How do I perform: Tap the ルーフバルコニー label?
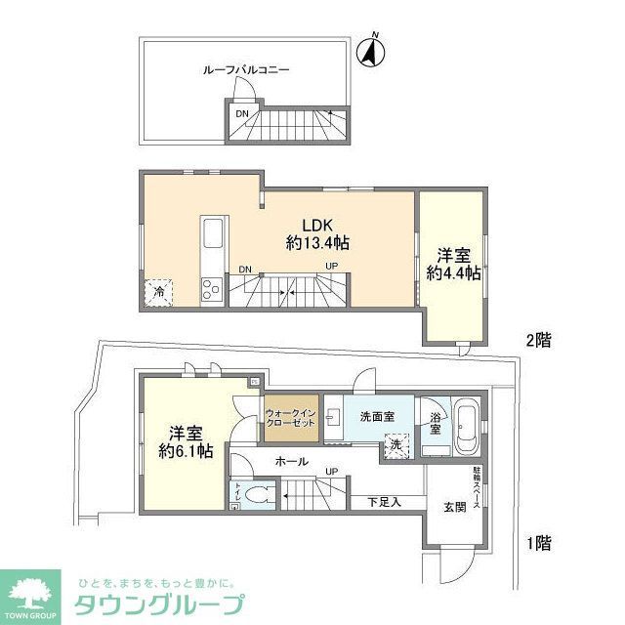pyautogui.click(x=247, y=70)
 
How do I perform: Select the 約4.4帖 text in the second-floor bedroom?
pyautogui.click(x=452, y=273)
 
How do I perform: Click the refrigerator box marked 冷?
pyautogui.click(x=156, y=290)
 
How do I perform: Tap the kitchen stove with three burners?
pyautogui.click(x=212, y=287)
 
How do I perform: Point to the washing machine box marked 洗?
pyautogui.click(x=396, y=444)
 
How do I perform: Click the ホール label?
pyautogui.click(x=292, y=461)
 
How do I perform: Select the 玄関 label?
pyautogui.click(x=454, y=506)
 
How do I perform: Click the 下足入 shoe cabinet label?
pyautogui.click(x=382, y=502)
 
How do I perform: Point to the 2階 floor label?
pyautogui.click(x=538, y=341)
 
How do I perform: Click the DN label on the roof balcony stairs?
pyautogui.click(x=241, y=114)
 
